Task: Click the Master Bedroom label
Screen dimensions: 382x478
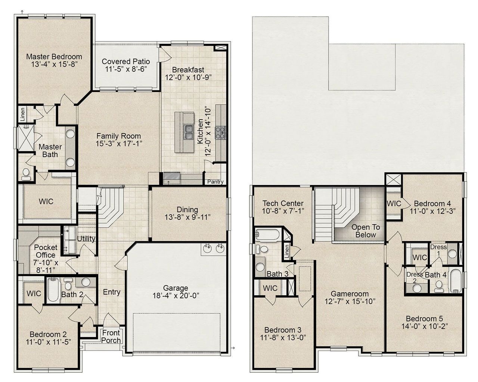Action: click(54, 57)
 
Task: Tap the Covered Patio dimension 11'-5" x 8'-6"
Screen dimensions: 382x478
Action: click(126, 69)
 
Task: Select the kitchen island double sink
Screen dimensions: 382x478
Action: click(188, 132)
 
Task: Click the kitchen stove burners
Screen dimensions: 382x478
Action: click(221, 131)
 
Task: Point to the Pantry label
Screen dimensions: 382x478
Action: click(215, 182)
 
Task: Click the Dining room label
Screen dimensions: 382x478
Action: click(187, 210)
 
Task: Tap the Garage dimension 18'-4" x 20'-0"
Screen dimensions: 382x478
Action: click(176, 295)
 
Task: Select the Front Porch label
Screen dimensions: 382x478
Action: click(111, 336)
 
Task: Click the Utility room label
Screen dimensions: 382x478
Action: click(86, 238)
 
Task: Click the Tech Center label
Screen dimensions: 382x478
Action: click(283, 203)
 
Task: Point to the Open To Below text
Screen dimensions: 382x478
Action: click(366, 231)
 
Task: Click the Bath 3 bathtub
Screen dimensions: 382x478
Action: click(267, 235)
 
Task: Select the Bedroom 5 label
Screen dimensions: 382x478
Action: click(424, 319)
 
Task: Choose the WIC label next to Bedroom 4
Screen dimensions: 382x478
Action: click(394, 204)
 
